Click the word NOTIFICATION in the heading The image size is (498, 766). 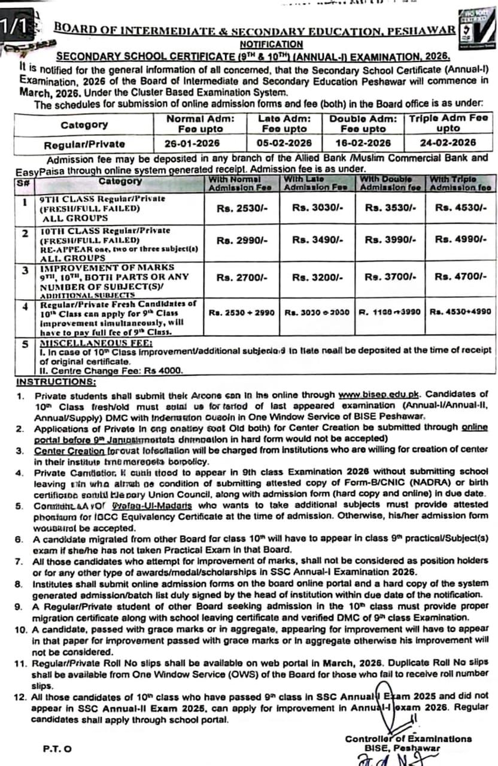pyautogui.click(x=271, y=44)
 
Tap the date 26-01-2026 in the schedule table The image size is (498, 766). pyautogui.click(x=192, y=143)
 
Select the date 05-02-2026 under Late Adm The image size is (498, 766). pyautogui.click(x=284, y=143)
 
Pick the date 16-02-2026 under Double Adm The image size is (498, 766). pyautogui.click(x=363, y=143)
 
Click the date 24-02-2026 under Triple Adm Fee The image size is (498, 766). pyautogui.click(x=448, y=143)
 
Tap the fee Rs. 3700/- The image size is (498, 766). pyautogui.click(x=387, y=276)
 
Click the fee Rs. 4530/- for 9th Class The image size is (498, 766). pyautogui.click(x=461, y=208)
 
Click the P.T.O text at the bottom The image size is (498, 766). pyautogui.click(x=57, y=748)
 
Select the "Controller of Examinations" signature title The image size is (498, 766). pyautogui.click(x=408, y=739)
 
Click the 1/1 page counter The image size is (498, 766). pyautogui.click(x=13, y=26)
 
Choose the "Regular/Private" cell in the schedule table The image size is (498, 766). pyautogui.click(x=84, y=144)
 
